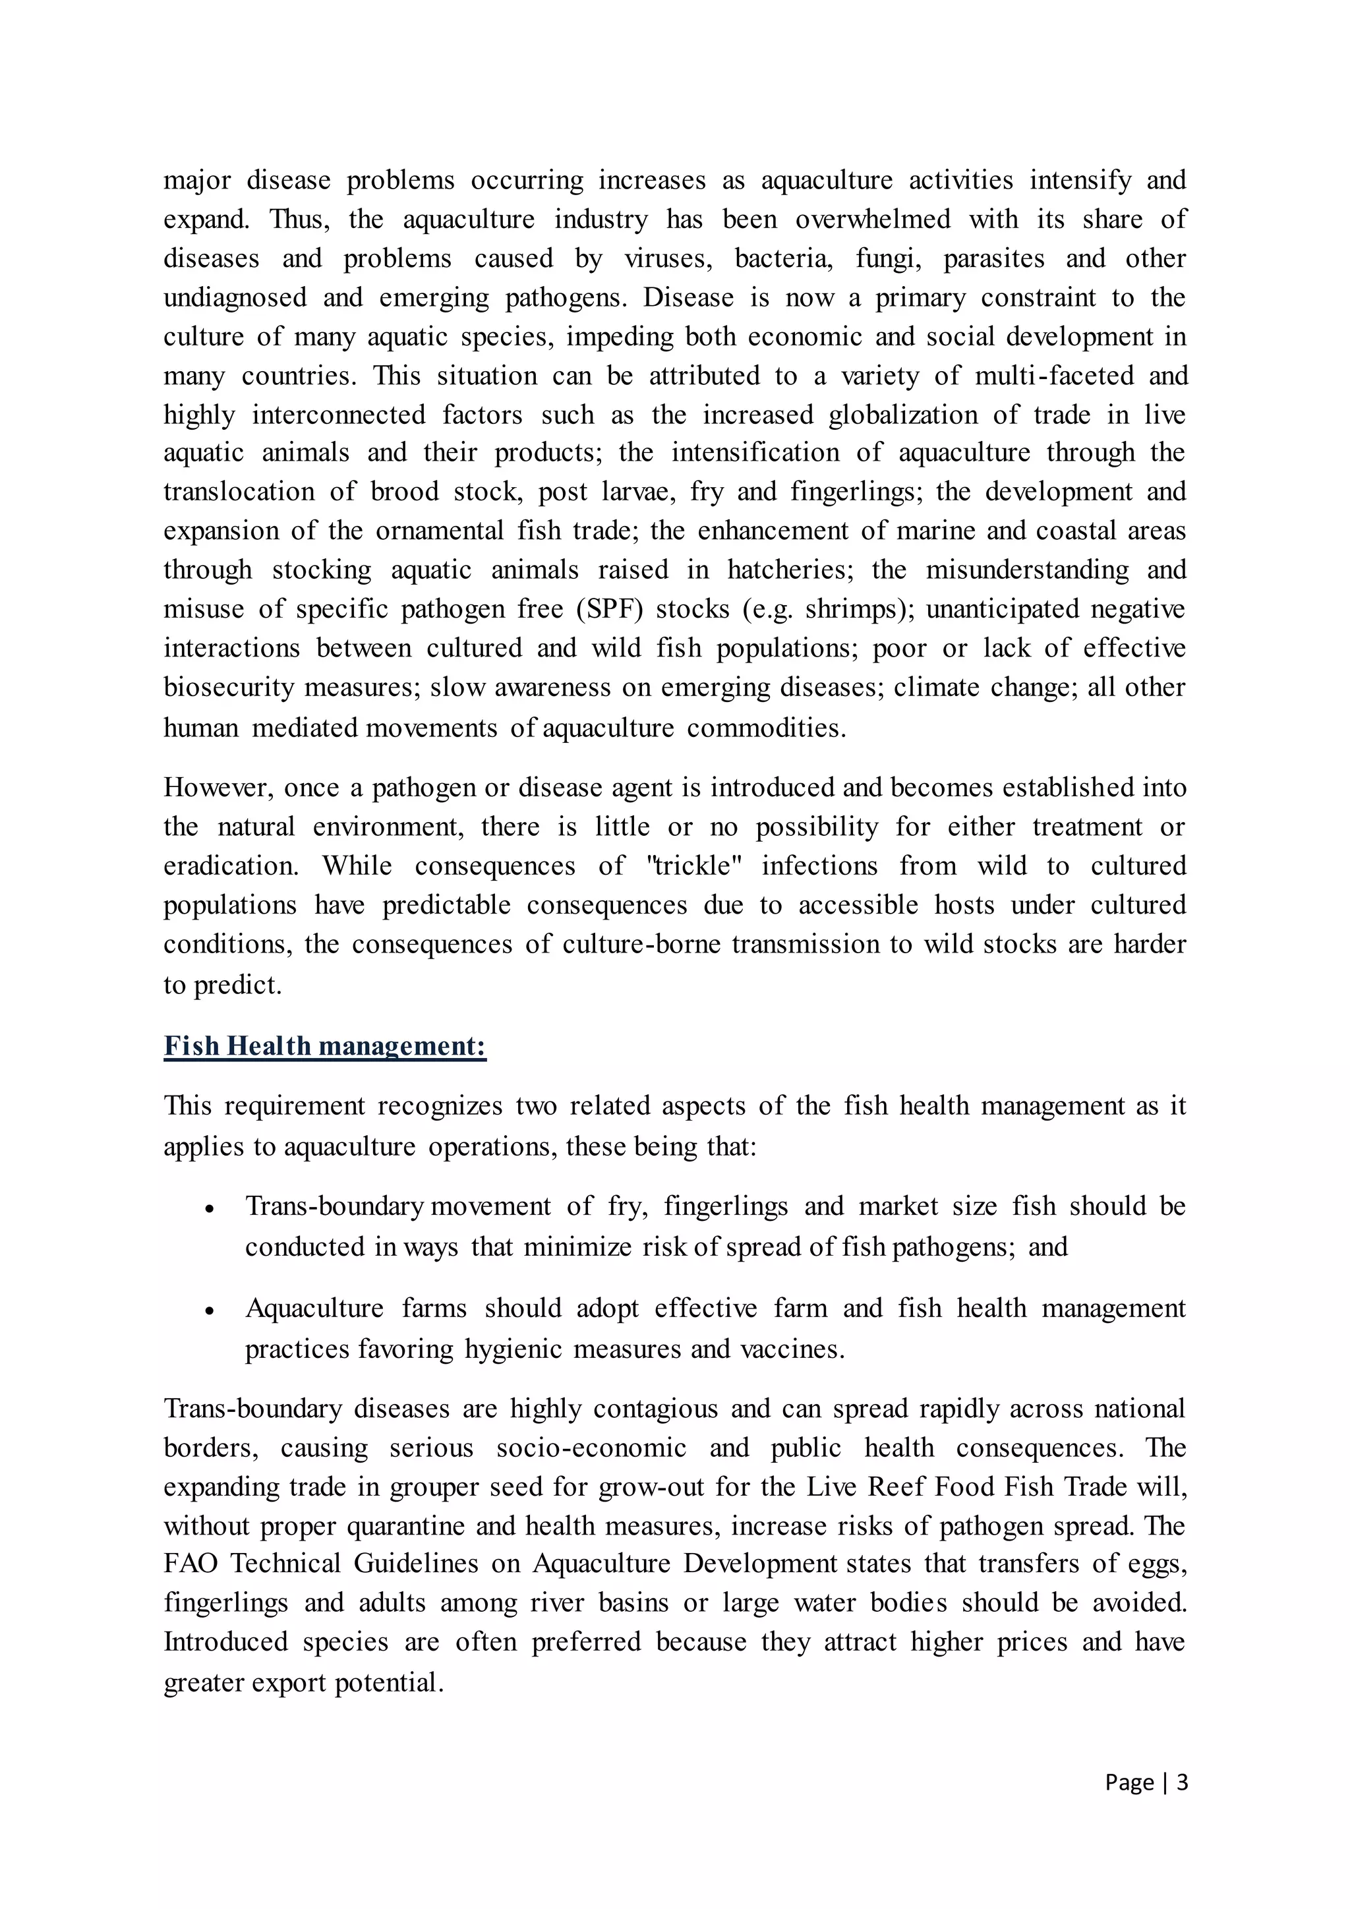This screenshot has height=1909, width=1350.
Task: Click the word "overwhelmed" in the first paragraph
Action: pyautogui.click(x=872, y=220)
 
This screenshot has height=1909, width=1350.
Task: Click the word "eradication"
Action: pyautogui.click(x=230, y=866)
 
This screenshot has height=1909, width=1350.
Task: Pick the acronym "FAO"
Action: pyautogui.click(x=191, y=1564)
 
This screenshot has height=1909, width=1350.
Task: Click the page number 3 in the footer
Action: pyautogui.click(x=1181, y=1782)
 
